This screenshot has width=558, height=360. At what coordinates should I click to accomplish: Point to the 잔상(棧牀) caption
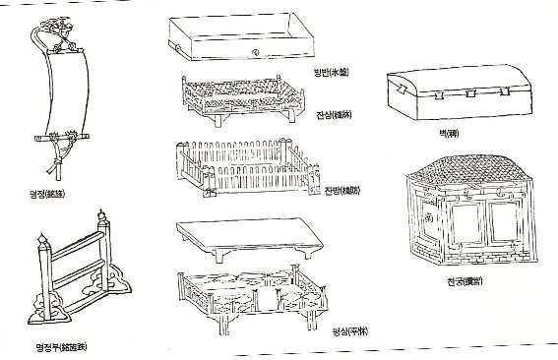[x=333, y=116]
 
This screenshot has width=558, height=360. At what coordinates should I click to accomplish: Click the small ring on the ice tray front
[x=256, y=51]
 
